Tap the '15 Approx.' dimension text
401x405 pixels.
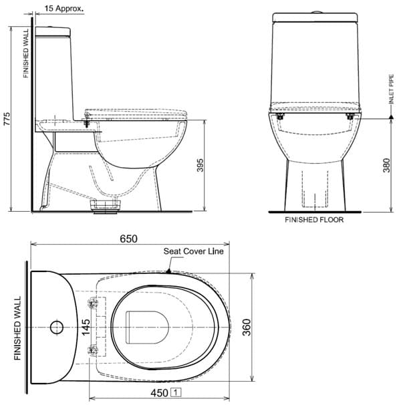(x=64, y=9)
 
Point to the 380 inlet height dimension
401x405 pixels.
(x=386, y=166)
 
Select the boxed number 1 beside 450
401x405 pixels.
(x=176, y=394)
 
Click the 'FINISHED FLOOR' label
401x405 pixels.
(x=314, y=219)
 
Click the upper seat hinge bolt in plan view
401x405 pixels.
(x=93, y=304)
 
